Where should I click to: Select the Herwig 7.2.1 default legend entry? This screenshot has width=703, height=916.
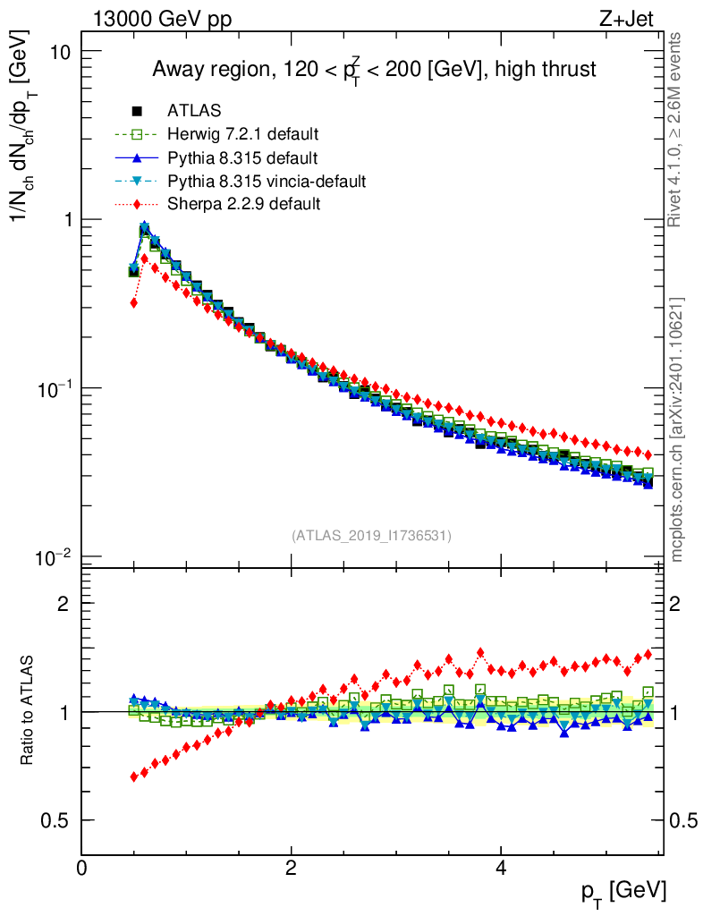[x=242, y=134]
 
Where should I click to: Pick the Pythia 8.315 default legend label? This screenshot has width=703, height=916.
[x=242, y=158]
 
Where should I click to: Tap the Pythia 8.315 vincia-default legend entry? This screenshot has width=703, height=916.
[x=266, y=182]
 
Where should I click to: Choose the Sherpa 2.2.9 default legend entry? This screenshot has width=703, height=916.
[x=243, y=205]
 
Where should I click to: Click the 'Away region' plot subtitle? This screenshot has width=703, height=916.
[x=373, y=69]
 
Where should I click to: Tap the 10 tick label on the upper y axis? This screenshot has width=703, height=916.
[x=59, y=51]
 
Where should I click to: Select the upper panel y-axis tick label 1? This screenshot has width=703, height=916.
[x=66, y=220]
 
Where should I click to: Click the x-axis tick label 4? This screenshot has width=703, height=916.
[x=501, y=868]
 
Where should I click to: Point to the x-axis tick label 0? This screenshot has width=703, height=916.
[x=82, y=868]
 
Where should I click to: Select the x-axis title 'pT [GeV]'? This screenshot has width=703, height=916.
[x=624, y=891]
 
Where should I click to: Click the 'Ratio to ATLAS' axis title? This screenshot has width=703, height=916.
[x=29, y=712]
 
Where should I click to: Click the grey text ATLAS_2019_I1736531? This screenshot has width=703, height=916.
[x=371, y=536]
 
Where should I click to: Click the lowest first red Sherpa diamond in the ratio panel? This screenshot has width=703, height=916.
[x=134, y=776]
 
